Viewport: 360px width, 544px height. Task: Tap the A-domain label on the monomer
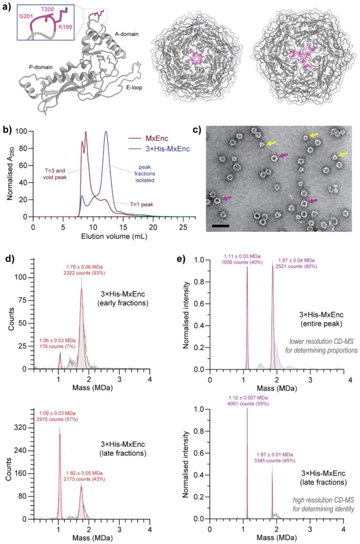click(126, 33)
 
